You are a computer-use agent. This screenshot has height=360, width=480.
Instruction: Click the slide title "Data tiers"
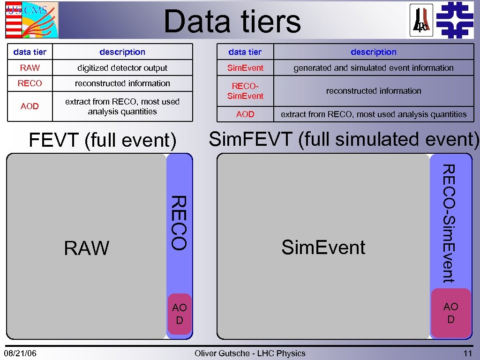232,22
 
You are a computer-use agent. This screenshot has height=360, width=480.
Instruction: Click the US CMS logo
32,20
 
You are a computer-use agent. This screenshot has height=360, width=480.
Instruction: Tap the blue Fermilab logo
454,19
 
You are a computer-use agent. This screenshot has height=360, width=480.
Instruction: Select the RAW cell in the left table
30,68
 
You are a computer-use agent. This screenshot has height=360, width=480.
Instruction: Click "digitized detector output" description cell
122,68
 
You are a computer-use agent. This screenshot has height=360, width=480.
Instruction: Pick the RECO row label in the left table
30,83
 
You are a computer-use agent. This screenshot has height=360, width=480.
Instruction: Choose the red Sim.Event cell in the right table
245,68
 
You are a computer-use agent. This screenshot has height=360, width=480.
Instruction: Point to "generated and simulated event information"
373,68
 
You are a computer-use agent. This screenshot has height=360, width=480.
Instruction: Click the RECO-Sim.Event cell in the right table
245,91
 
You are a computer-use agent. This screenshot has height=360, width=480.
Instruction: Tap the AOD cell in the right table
245,114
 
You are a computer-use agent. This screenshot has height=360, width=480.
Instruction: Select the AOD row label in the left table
30,106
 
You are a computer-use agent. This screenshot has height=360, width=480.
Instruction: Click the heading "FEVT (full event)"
103,140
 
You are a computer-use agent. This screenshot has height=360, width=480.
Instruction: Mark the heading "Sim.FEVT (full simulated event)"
344,139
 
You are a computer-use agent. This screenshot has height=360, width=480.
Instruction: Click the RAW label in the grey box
87,248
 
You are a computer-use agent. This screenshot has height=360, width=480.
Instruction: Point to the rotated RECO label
179,223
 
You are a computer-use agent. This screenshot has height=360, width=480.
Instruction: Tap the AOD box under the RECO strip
180,314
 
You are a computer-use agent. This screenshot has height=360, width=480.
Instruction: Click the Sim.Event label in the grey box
323,247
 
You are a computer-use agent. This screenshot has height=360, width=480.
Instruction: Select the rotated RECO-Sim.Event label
449,223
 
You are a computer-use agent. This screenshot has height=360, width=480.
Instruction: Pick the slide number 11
467,353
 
